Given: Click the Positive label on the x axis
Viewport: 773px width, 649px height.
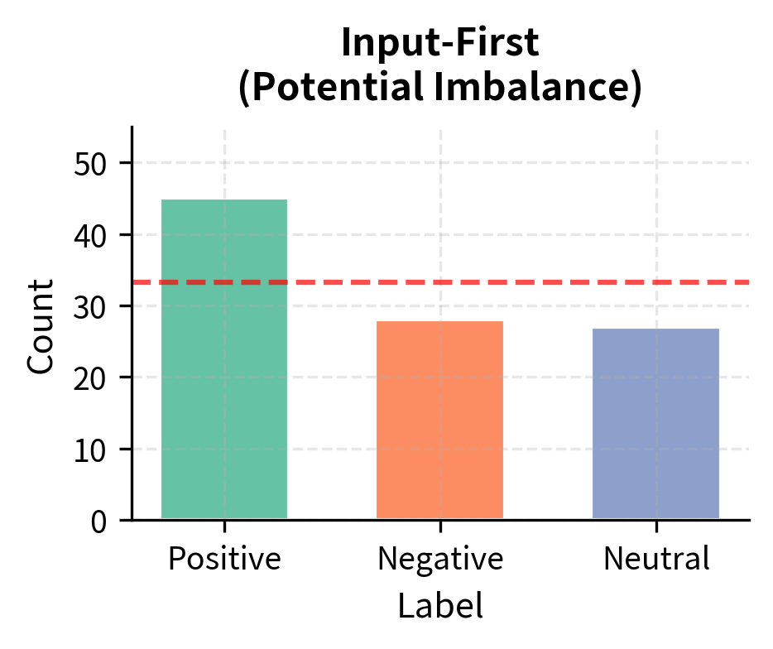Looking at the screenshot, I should tap(224, 560).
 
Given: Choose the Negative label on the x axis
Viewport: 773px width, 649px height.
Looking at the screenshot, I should tap(439, 560).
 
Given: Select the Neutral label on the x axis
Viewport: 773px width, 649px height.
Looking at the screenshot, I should tap(656, 560).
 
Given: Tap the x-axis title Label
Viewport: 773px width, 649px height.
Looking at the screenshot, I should tap(439, 606).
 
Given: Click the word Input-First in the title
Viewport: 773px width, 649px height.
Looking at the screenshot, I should tap(439, 44).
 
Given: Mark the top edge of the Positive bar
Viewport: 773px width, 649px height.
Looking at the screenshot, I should tap(224, 200).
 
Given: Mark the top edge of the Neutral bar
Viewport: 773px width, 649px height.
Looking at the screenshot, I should tap(655, 329).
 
